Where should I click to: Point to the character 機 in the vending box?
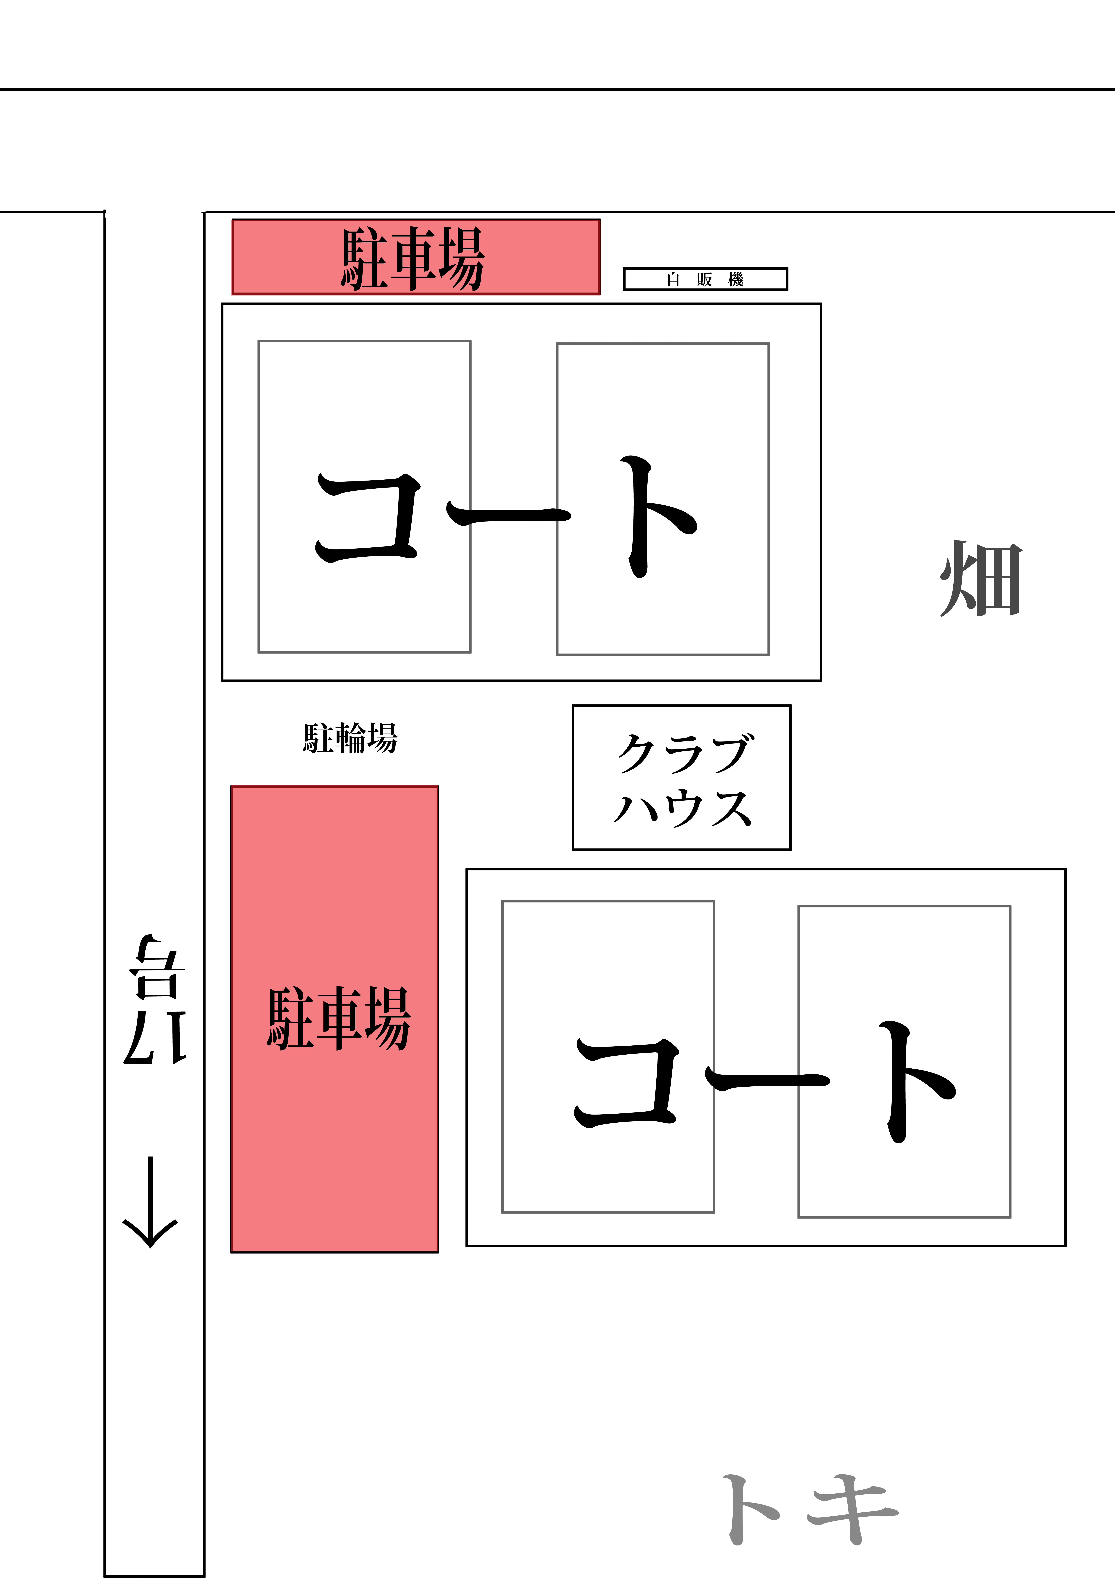(736, 279)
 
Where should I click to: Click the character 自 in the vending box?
(673, 279)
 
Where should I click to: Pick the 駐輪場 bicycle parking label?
(350, 738)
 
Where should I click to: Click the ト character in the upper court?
(655, 516)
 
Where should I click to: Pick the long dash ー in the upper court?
(509, 513)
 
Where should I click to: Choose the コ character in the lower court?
(627, 1083)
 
